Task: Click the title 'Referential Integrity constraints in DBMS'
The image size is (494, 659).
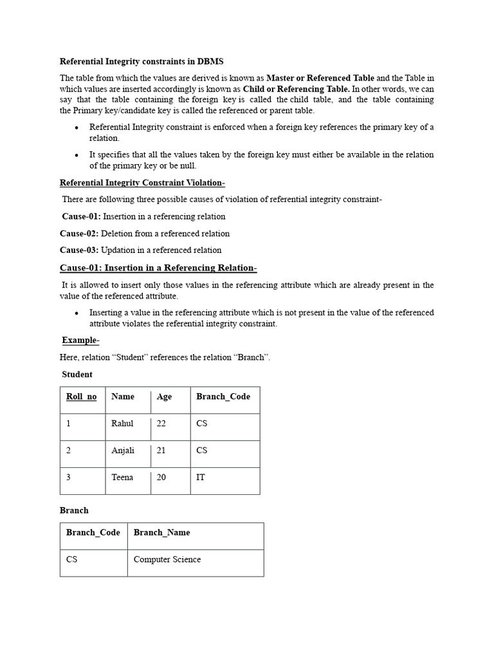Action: pos(142,62)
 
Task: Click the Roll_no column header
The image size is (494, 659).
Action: pos(81,396)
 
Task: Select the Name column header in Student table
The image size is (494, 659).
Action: pos(123,396)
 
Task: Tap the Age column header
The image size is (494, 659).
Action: pos(164,396)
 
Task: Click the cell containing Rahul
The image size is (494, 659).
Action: pos(122,423)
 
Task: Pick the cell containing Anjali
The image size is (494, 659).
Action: pos(123,450)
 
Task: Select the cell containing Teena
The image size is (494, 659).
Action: pos(122,478)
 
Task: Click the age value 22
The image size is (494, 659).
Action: pos(161,423)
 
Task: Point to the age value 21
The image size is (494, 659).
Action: pos(161,450)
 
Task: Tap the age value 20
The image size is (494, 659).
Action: pos(161,478)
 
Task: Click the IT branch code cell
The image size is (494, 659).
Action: pos(201,478)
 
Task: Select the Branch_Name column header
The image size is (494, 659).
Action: pos(161,532)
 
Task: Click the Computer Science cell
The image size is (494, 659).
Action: pos(167,559)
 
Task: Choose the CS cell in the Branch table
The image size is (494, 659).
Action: pos(71,559)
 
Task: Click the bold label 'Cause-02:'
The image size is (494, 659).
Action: pos(78,234)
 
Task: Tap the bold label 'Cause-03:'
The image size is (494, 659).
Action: pos(78,250)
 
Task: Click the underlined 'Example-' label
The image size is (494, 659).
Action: pos(80,340)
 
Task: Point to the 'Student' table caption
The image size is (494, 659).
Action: pos(77,375)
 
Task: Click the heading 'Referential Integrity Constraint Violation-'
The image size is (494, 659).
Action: pos(142,183)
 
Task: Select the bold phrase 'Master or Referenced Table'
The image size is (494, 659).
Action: pos(320,78)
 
